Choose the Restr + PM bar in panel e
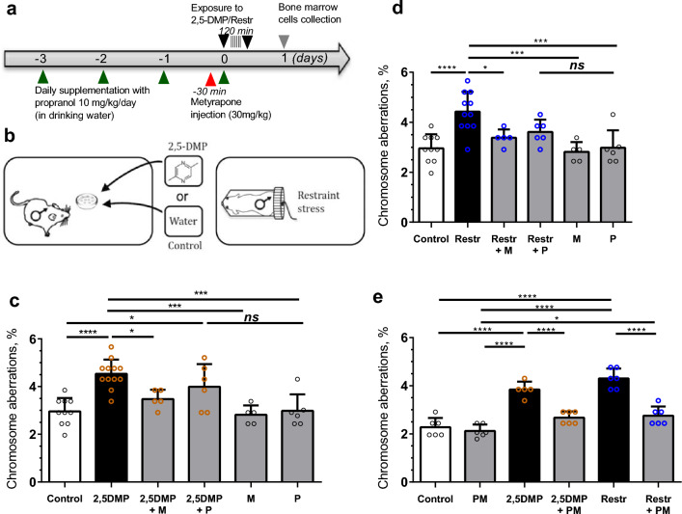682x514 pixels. coord(646,448)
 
